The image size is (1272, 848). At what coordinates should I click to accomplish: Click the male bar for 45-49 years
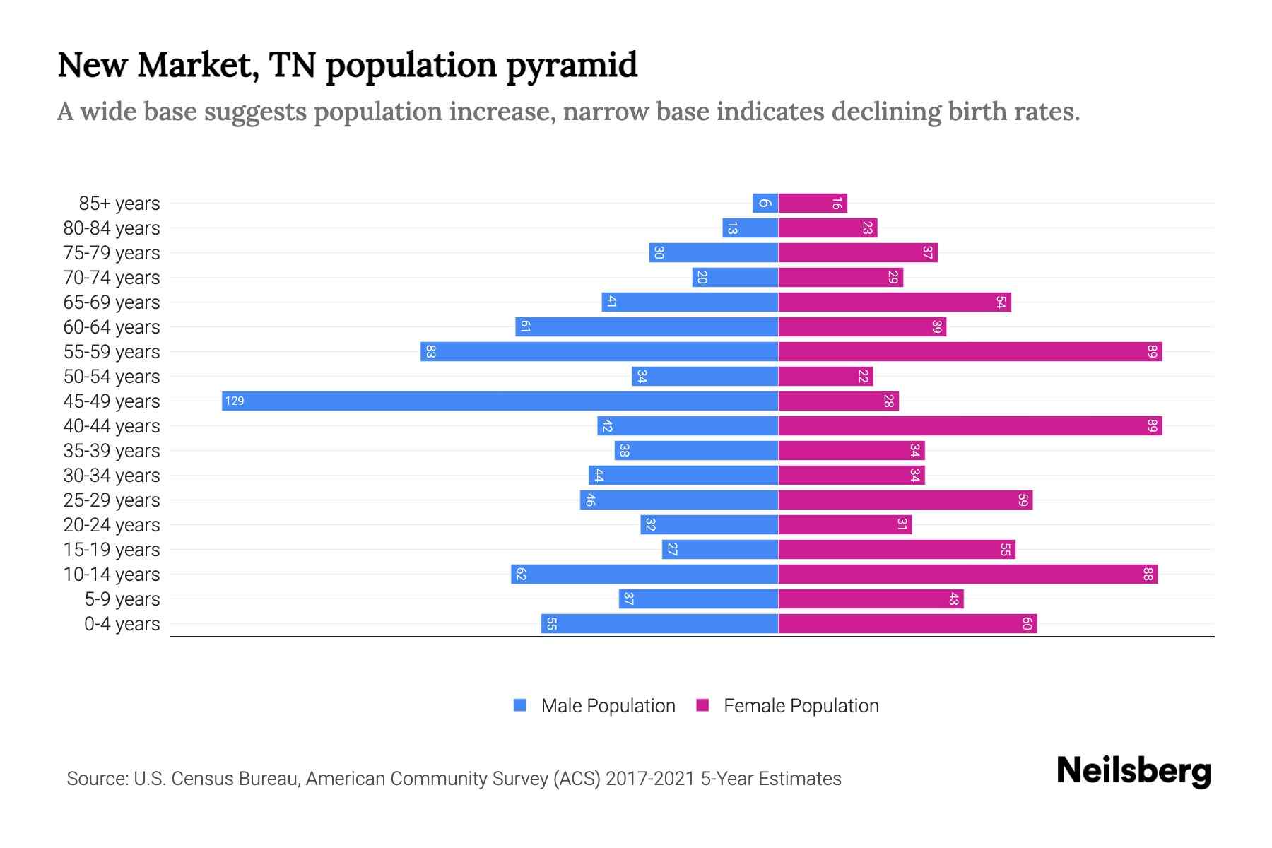click(x=500, y=401)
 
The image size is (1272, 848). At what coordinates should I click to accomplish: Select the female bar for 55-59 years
click(x=970, y=351)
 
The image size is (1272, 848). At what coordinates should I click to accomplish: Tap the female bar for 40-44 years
click(x=970, y=425)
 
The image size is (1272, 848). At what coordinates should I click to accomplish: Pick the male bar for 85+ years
click(x=765, y=203)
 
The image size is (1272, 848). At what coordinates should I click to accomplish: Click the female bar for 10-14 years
click(x=967, y=574)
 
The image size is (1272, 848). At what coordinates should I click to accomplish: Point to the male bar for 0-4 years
click(x=659, y=623)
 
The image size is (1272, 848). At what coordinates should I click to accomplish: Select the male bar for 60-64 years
click(x=647, y=326)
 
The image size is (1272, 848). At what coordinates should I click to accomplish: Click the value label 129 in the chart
click(x=235, y=401)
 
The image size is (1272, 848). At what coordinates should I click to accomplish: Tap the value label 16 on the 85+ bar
click(x=837, y=203)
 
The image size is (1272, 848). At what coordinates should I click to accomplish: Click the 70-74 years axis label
click(x=112, y=277)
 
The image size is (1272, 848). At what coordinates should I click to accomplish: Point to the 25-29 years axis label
click(x=112, y=500)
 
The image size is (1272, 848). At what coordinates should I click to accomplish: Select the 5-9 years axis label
click(x=122, y=599)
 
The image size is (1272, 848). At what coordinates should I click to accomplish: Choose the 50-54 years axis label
click(x=112, y=376)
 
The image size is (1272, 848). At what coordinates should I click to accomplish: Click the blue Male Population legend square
click(x=520, y=705)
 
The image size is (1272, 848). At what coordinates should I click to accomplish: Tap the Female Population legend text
click(x=801, y=705)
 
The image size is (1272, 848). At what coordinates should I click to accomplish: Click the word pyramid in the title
click(x=572, y=65)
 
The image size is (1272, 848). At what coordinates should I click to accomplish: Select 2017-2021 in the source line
click(x=650, y=778)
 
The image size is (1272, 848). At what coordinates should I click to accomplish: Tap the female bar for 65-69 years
click(x=894, y=302)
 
